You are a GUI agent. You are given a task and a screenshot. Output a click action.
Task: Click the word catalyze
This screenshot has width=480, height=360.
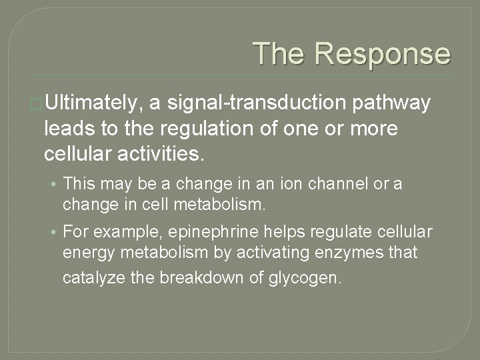89,277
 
